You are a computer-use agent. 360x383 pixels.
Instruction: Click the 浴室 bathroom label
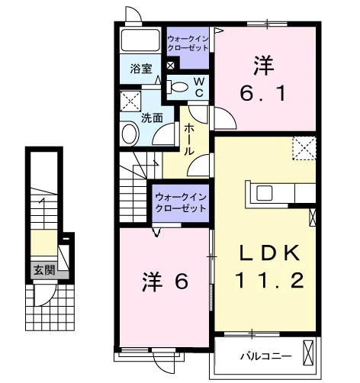point(141,69)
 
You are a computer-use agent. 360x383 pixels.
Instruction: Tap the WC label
point(199,87)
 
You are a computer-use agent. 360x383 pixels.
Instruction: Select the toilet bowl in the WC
point(178,87)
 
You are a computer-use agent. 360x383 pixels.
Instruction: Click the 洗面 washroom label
point(152,118)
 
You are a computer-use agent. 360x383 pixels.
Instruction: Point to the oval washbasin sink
point(130,134)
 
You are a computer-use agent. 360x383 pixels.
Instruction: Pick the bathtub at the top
point(140,40)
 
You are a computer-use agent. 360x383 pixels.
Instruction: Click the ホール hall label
point(188,140)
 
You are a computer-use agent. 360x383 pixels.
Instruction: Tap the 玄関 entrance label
point(44,270)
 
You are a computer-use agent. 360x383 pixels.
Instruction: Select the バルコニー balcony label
point(266,356)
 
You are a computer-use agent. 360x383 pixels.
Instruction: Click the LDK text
point(270,253)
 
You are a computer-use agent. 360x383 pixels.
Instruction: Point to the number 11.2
point(270,280)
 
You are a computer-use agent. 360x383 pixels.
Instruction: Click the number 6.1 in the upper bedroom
point(263,93)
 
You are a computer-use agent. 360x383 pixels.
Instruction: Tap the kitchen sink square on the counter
point(265,193)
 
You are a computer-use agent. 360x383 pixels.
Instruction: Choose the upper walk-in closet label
point(188,43)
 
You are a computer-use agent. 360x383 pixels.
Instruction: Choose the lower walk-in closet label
point(181,203)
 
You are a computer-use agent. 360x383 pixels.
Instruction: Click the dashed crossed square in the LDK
point(304,148)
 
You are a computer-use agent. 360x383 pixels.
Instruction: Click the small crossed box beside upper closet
point(170,66)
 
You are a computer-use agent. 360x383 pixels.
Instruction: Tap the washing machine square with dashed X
point(130,101)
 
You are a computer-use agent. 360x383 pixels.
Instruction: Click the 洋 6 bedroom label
point(166,282)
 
